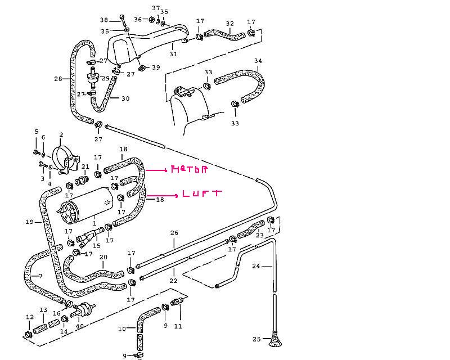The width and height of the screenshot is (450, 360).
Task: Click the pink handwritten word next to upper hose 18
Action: coord(189,169)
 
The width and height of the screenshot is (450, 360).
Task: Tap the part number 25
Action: coord(257,339)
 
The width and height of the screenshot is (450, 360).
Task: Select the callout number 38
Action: coord(104,20)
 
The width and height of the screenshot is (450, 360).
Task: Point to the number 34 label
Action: coord(258,60)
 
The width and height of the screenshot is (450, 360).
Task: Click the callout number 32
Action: coord(229,24)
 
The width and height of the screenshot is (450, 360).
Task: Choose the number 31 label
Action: coord(173,55)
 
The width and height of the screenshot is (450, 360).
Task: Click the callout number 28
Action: coord(58,79)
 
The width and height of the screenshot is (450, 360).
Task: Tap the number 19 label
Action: coord(29,222)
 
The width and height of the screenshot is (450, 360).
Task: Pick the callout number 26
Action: coord(174,232)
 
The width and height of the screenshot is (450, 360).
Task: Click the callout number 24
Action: coord(256,266)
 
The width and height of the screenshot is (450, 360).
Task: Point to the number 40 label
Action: coord(79,326)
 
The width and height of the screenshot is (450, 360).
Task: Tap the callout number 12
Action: coord(29,318)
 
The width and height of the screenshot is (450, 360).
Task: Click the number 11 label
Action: coord(178,326)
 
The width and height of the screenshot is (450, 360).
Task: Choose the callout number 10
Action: coord(121,328)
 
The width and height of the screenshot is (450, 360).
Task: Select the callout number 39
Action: coord(156,67)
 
